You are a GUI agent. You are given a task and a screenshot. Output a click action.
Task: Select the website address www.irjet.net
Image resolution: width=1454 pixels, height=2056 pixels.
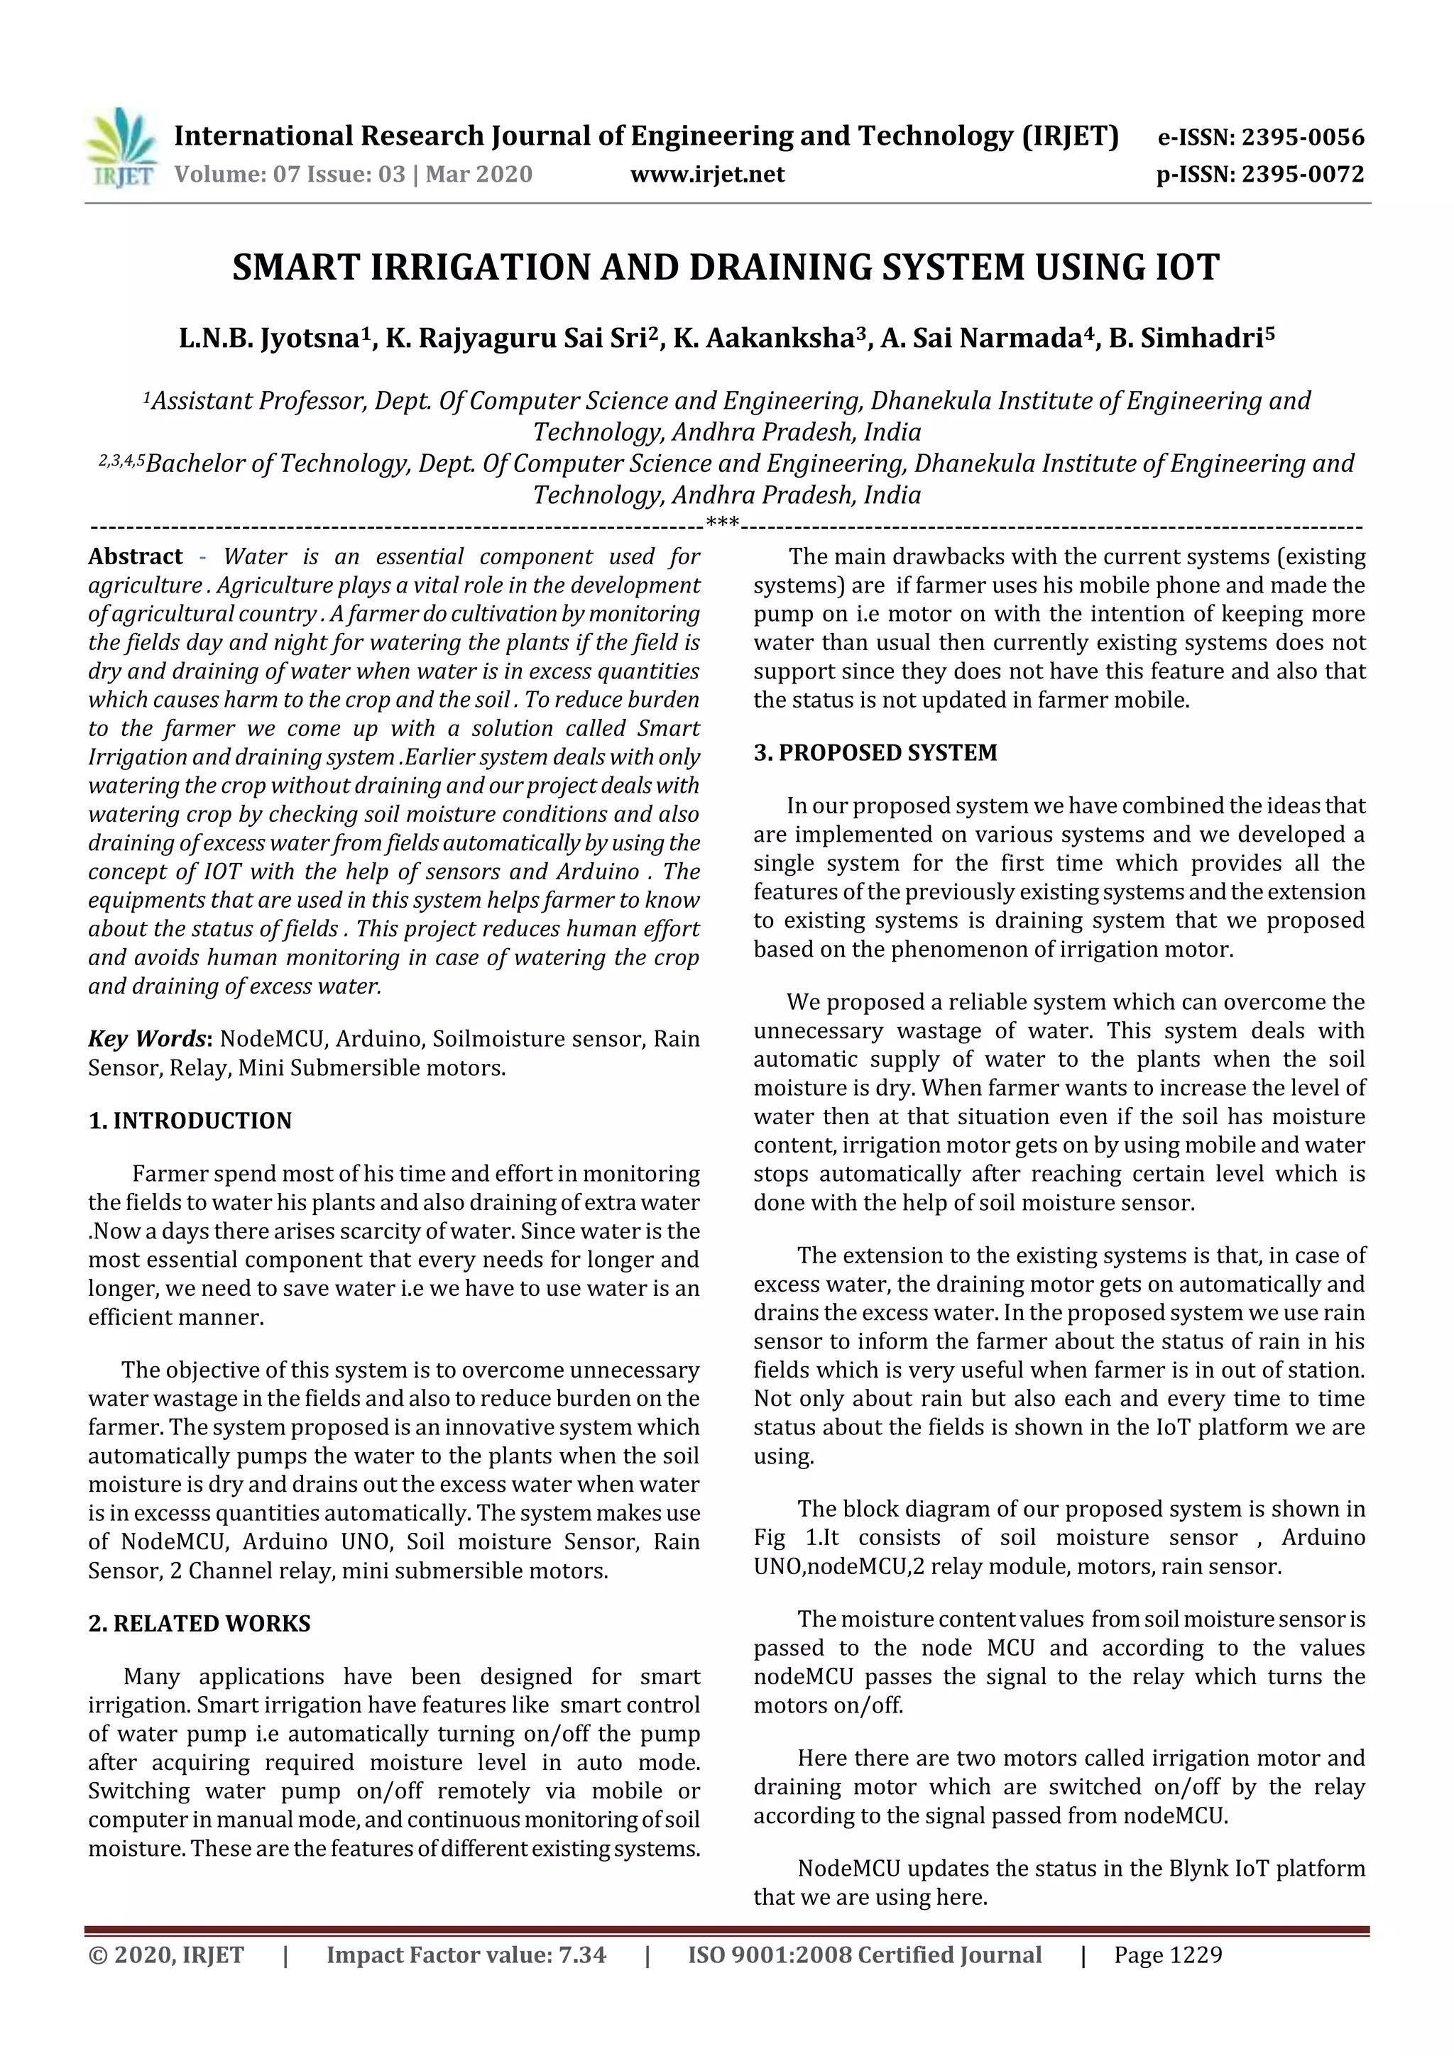pos(707,175)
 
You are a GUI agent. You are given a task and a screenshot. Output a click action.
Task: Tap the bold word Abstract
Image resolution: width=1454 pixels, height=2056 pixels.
pos(136,556)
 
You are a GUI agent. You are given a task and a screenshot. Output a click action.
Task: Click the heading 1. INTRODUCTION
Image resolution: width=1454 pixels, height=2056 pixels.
pos(190,1121)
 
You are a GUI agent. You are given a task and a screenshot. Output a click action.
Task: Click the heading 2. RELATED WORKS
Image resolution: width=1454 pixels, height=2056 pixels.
pos(199,1624)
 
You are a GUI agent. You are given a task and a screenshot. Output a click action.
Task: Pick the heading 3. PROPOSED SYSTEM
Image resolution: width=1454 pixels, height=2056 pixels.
pos(875,752)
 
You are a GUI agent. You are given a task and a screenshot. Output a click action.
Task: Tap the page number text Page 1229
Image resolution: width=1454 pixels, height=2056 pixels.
pos(1167,1955)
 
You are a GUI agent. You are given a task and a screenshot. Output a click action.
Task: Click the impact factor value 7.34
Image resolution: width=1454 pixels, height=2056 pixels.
pos(582,1955)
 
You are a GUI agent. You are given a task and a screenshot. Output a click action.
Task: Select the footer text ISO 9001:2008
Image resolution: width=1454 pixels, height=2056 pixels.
pos(770,1955)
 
